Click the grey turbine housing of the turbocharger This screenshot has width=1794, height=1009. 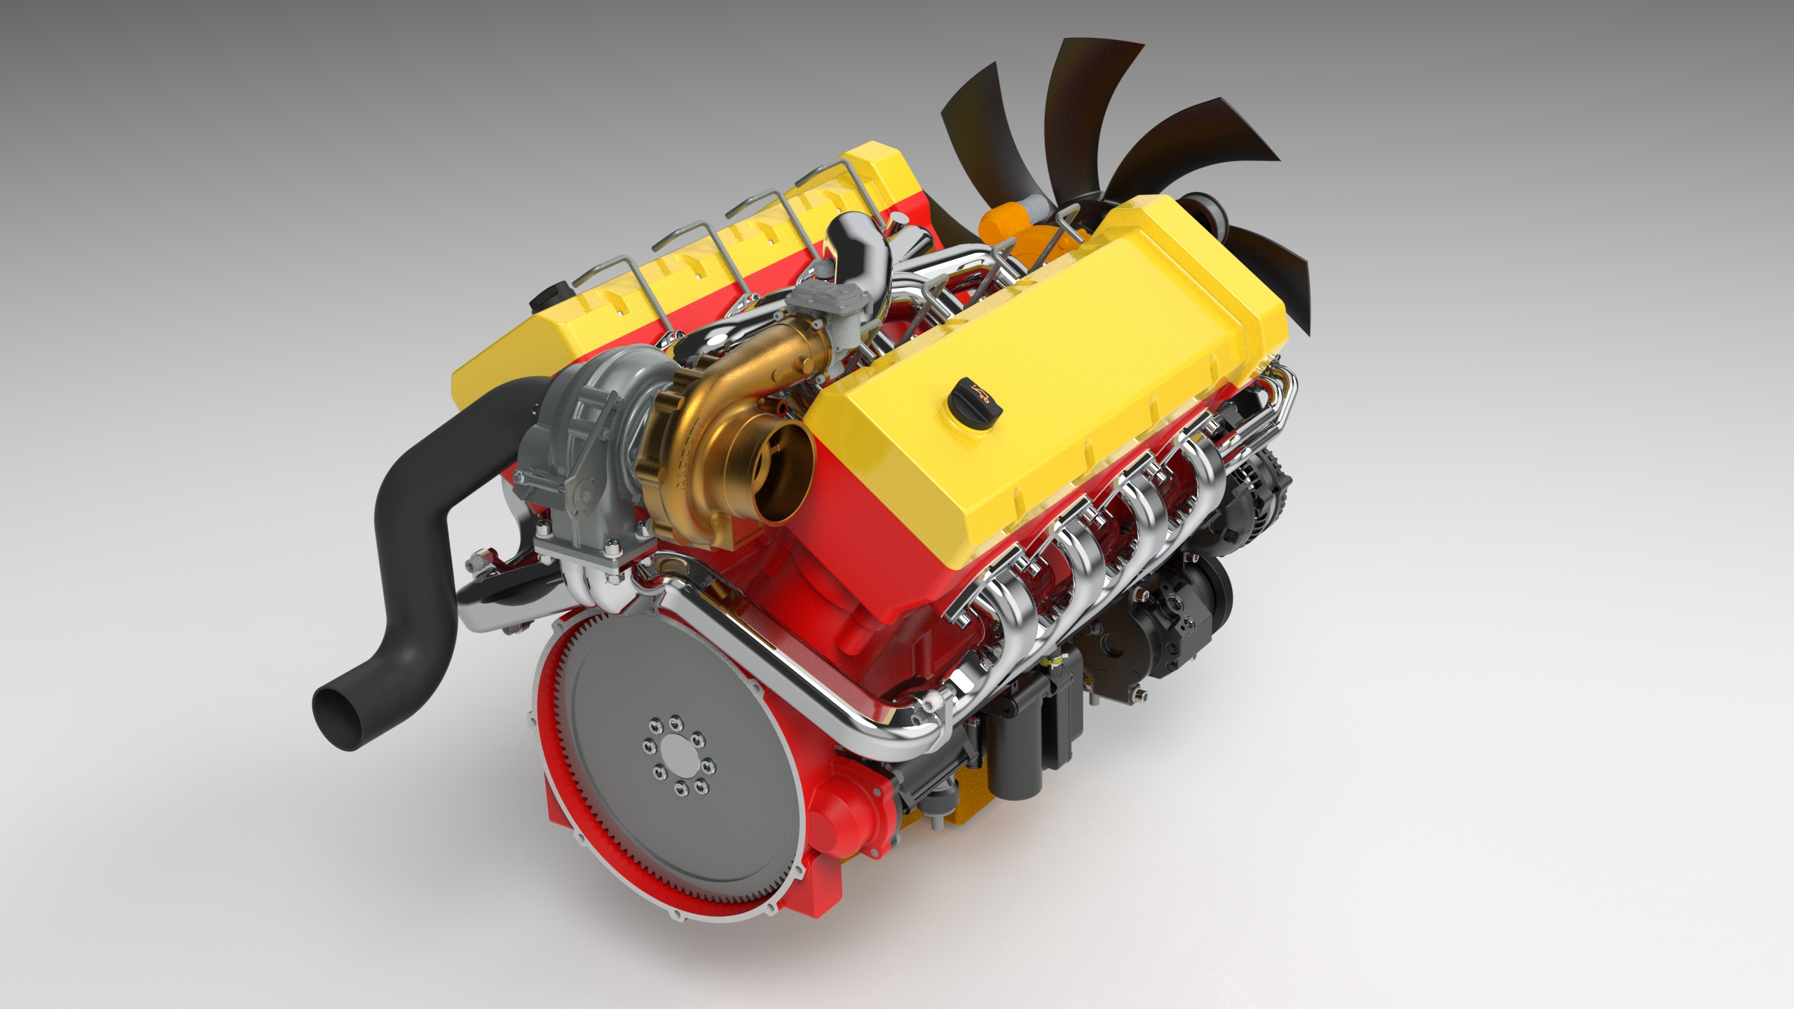pyautogui.click(x=575, y=448)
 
